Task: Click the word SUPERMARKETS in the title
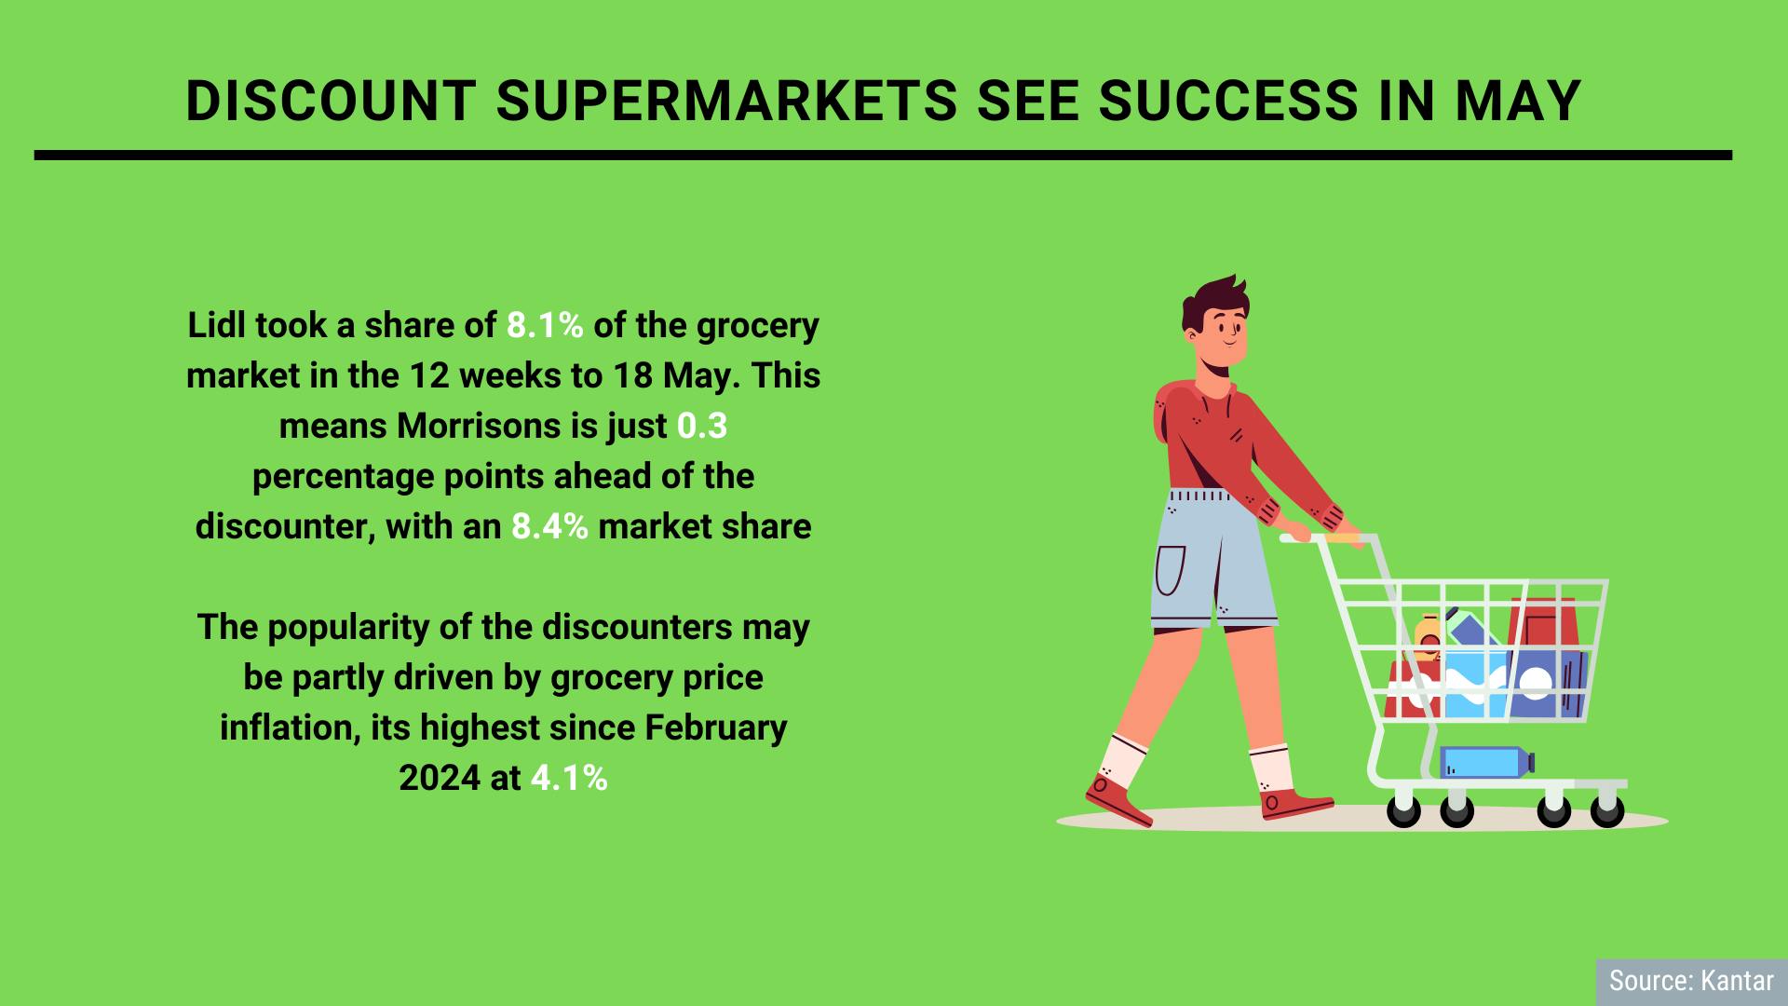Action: click(x=725, y=101)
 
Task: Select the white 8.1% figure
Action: click(x=545, y=326)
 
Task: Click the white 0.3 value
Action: click(x=701, y=427)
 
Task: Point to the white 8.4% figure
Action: click(x=549, y=527)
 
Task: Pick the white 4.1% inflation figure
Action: click(x=569, y=779)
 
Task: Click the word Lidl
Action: click(x=216, y=326)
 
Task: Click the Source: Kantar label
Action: click(x=1690, y=982)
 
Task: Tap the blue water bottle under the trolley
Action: click(x=1484, y=762)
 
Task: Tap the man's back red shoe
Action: click(x=1117, y=801)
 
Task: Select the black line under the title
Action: click(x=883, y=156)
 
